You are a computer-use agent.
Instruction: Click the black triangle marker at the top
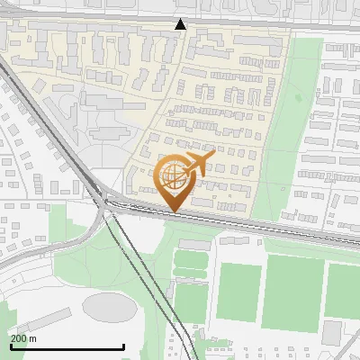tap(181, 24)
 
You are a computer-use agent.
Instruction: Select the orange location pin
tap(175, 180)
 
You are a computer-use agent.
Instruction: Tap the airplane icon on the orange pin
tap(199, 163)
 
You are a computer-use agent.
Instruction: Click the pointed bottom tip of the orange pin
tap(174, 211)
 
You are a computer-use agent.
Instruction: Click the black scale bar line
tap(67, 346)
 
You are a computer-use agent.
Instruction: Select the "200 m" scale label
tap(23, 338)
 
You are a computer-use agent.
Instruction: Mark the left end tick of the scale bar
tap(11, 346)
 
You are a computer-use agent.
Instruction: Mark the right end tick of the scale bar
tap(123, 346)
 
